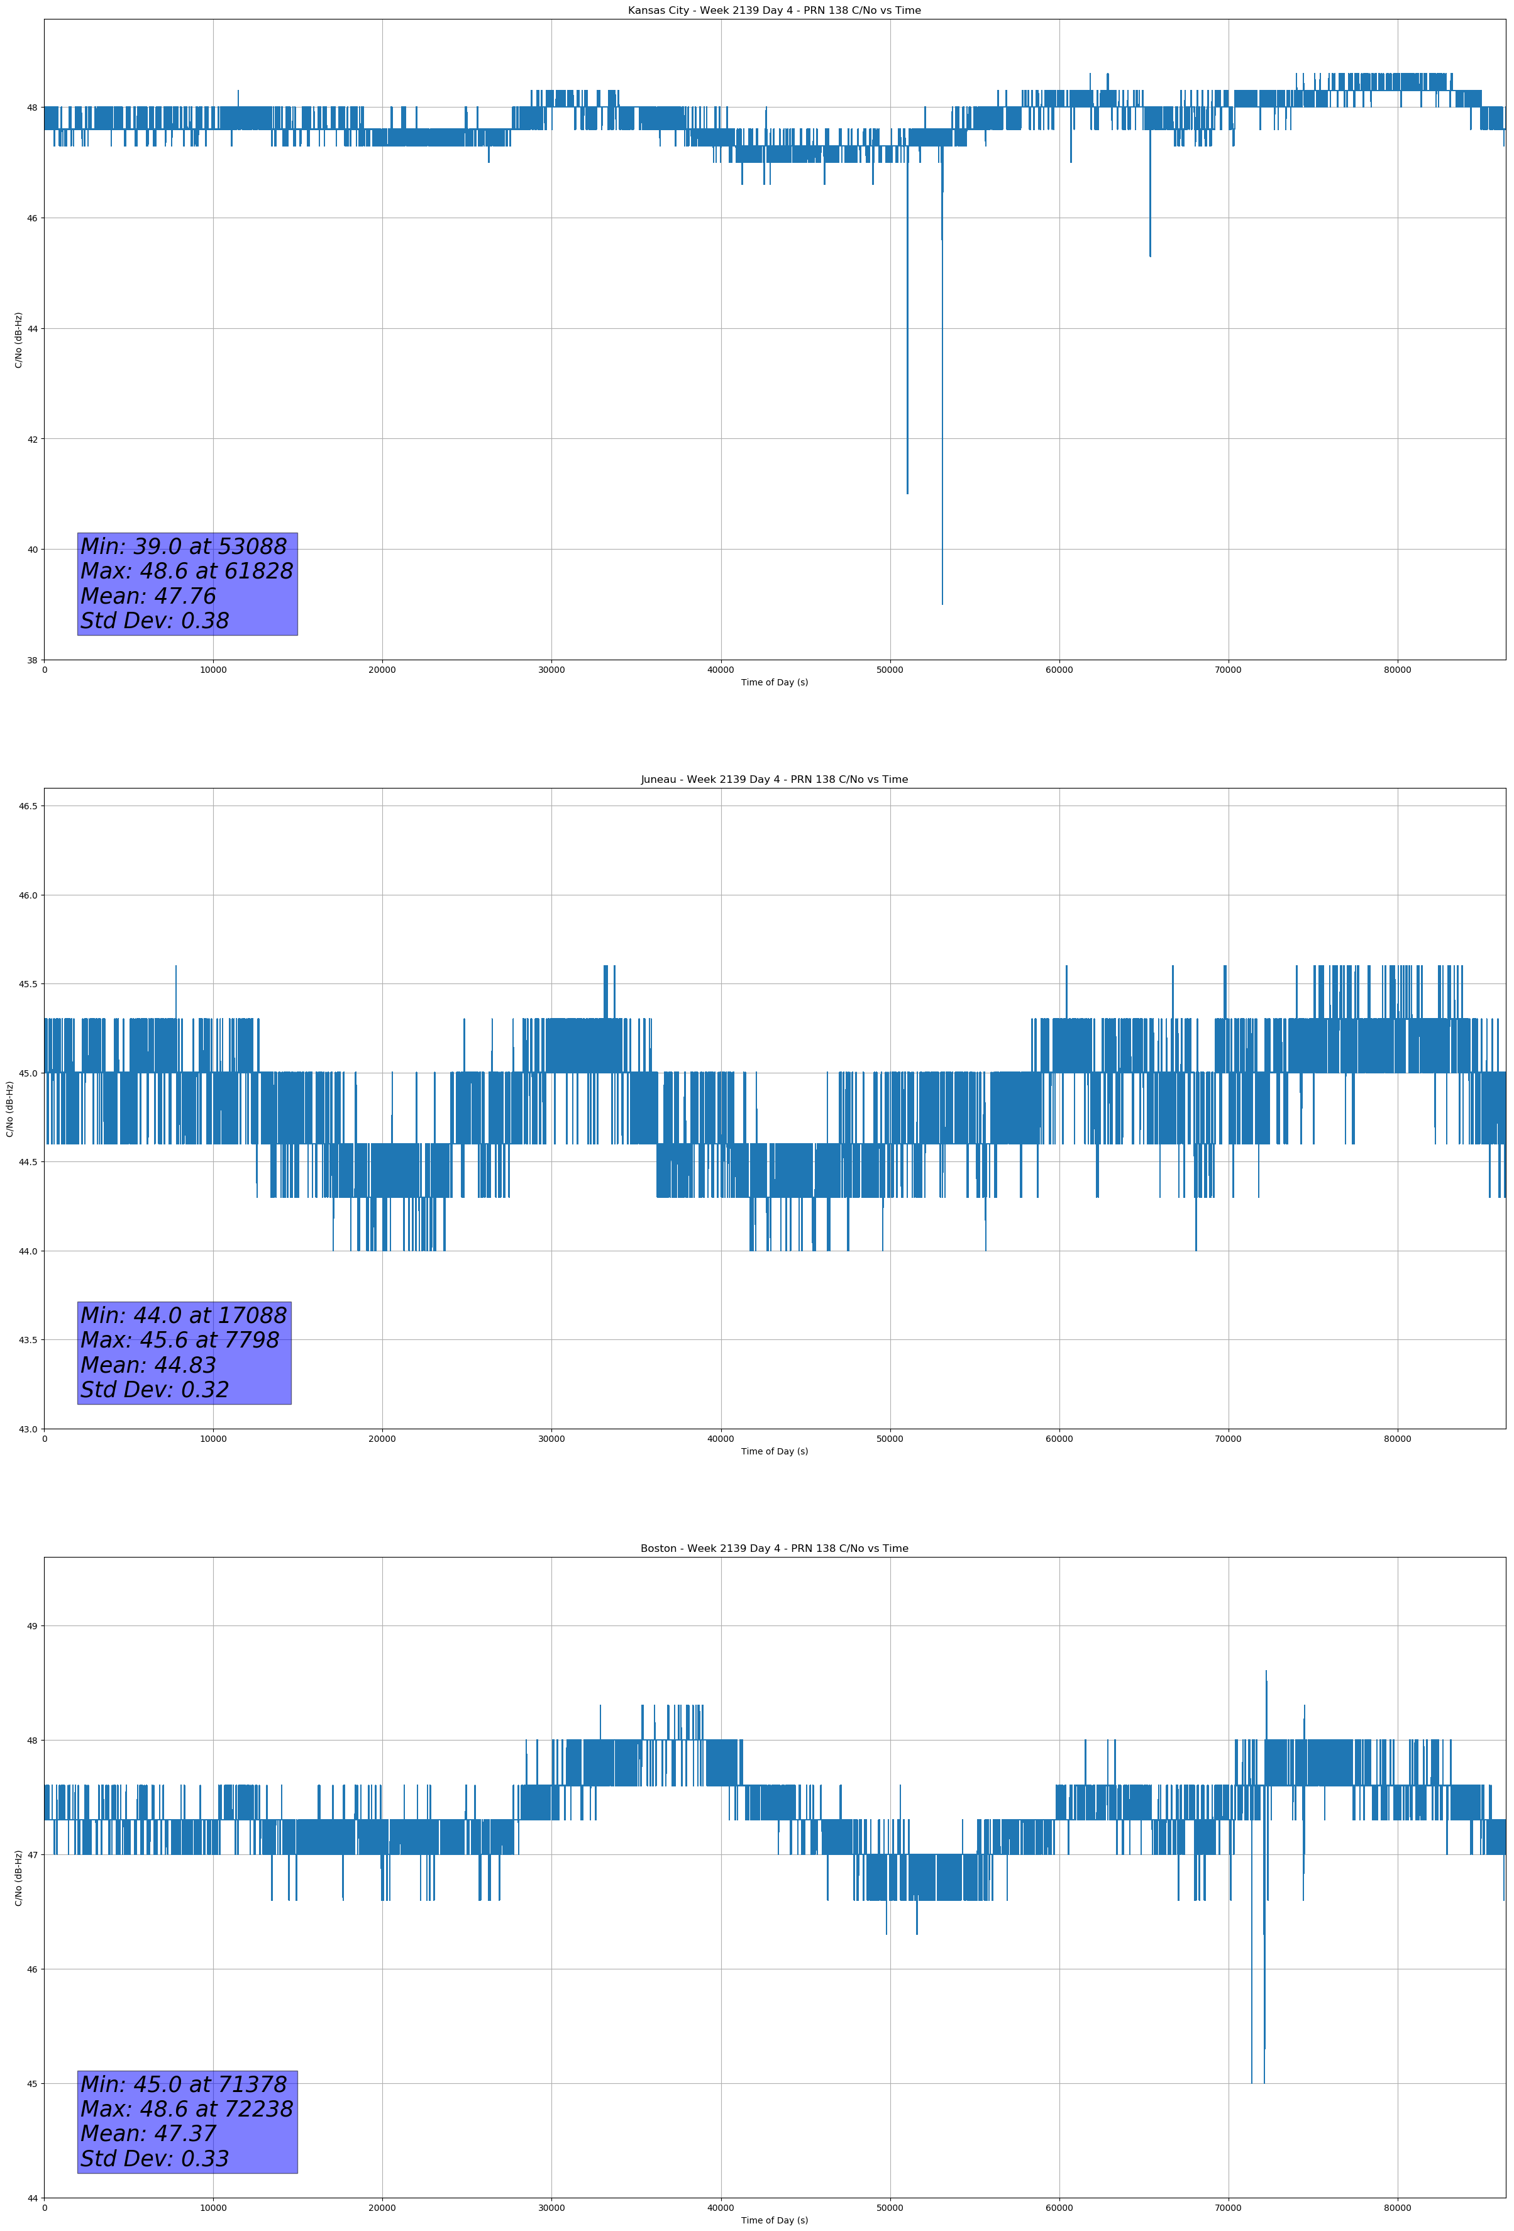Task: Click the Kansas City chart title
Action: pos(774,11)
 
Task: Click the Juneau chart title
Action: pos(774,780)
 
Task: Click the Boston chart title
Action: pos(774,1549)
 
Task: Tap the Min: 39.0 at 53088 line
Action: pos(184,546)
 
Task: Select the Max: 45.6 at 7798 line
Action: pos(180,1340)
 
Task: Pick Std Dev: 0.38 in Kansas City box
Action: pos(155,621)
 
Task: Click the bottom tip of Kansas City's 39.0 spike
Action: pos(942,604)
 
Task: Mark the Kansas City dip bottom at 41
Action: pos(907,494)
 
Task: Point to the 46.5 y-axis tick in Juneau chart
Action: pos(28,806)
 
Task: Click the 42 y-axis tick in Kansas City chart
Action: pos(31,440)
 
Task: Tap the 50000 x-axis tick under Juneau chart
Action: pos(890,1439)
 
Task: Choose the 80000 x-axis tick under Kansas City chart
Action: pos(1397,670)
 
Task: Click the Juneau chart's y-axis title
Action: pos(9,1109)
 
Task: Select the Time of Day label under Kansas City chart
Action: pos(774,682)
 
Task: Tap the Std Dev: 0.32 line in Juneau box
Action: pos(155,1390)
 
